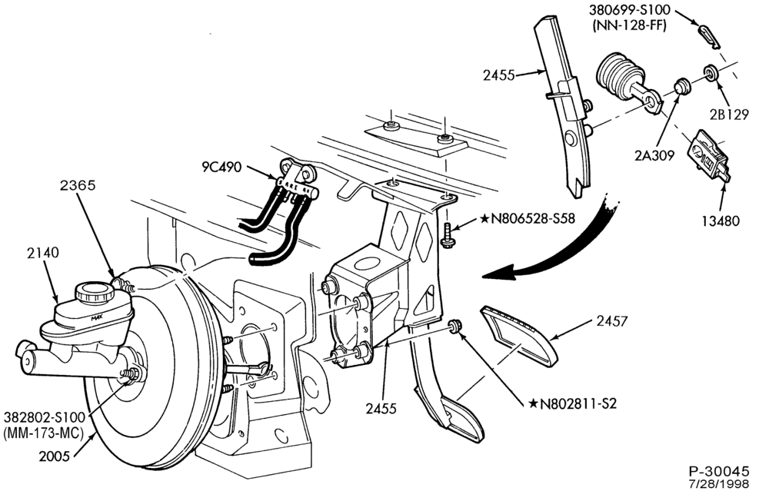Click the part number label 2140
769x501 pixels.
pos(42,253)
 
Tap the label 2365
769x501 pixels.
pos(78,185)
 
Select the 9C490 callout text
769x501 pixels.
pos(221,168)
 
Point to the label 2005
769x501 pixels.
pos(55,456)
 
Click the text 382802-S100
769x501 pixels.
pos(45,418)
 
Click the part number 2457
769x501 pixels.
pos(611,321)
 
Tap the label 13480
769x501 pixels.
pos(720,221)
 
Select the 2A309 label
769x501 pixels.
pos(654,155)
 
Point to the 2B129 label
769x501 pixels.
pos(729,114)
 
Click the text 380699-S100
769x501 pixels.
pos(630,10)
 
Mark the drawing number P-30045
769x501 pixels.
pos(719,472)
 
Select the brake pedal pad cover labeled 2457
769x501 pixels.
pos(518,335)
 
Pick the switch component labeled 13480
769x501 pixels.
pos(708,156)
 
